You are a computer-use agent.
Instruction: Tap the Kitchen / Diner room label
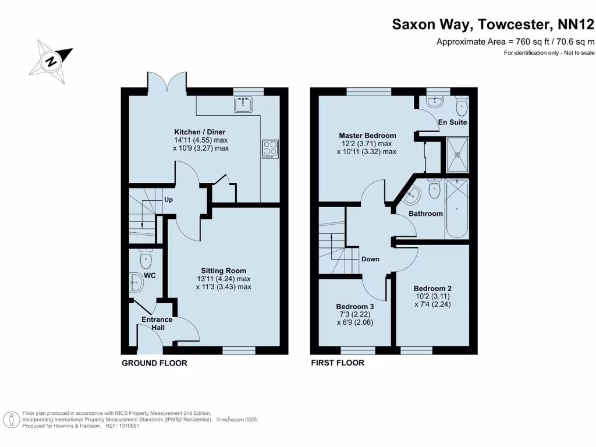[x=200, y=132]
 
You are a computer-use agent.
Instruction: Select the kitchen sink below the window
[x=243, y=105]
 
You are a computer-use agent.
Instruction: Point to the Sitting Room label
[x=223, y=271]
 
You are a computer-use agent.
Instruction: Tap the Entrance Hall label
[x=157, y=324]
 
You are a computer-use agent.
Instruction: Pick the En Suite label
[x=452, y=123]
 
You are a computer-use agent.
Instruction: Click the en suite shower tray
[x=457, y=154]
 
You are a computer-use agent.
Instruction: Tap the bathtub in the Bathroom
[x=457, y=208]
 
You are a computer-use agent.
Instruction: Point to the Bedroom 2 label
[x=432, y=288]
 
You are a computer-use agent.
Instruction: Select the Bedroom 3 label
[x=355, y=307]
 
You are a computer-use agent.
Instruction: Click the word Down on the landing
[x=370, y=259]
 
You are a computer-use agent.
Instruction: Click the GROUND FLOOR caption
[x=154, y=363]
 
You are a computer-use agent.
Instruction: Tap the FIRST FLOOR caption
[x=338, y=363]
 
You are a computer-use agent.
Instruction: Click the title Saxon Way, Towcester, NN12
[x=492, y=24]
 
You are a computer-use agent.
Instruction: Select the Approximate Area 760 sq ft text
[x=515, y=41]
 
